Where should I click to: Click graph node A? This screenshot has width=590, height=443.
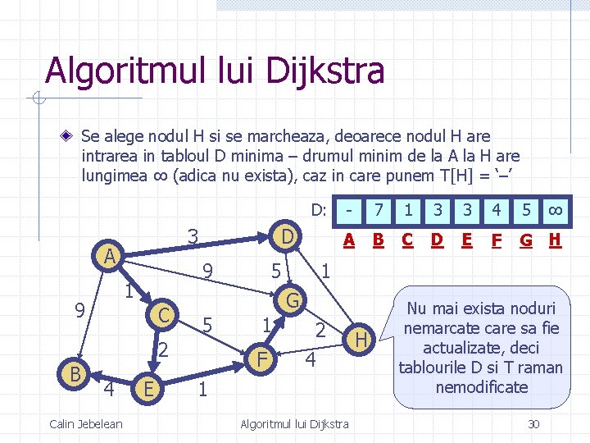click(x=107, y=257)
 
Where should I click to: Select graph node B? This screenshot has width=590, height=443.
click(x=74, y=373)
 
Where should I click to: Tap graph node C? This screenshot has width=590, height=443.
click(x=164, y=314)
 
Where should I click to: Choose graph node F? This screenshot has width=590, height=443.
click(x=261, y=359)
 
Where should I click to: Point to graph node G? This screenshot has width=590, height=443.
click(x=291, y=299)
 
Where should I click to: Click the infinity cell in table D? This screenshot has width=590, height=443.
click(x=555, y=210)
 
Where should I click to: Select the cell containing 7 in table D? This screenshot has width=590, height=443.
click(x=379, y=210)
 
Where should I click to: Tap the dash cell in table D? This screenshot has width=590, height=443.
click(x=350, y=210)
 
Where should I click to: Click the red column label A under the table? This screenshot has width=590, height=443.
click(x=349, y=240)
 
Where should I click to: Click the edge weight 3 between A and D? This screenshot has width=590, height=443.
click(x=193, y=235)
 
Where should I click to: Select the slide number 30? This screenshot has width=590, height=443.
click(x=533, y=423)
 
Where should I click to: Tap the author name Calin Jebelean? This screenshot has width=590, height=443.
click(x=86, y=423)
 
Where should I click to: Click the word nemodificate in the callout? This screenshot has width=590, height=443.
click(x=482, y=386)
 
